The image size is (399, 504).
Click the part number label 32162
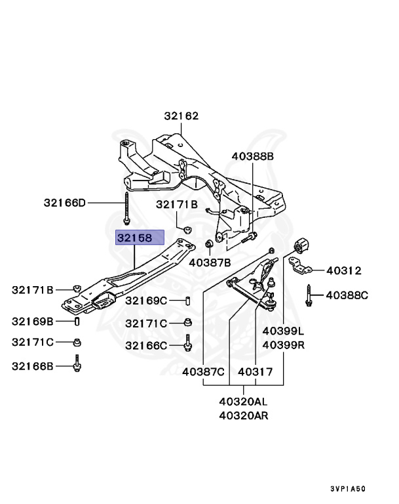pos(181,116)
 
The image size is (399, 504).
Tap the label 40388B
pos(252,156)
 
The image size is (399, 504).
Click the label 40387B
pos(210,262)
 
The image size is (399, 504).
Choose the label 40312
pos(344,270)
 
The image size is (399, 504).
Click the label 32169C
pos(146,301)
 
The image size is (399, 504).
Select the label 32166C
pos(146,345)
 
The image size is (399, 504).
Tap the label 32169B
pos(32,321)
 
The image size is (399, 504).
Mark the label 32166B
pos(32,366)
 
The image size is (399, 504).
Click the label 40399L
pos(284,331)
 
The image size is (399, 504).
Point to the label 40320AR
pos(243,415)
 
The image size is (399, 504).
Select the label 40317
pos(255,371)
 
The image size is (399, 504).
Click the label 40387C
pos(203,371)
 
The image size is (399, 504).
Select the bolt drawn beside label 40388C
pos(307,296)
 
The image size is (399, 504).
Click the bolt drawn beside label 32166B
pos(77,364)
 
